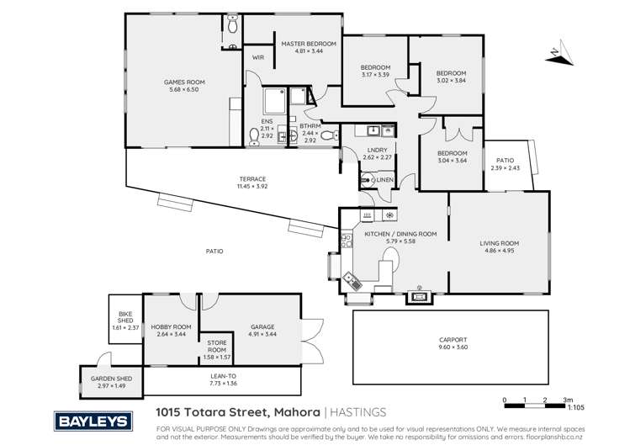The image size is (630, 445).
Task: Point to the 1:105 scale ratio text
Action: pyautogui.click(x=575, y=406)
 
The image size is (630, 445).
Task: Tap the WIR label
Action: pyautogui.click(x=258, y=57)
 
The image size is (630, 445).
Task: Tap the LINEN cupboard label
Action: pyautogui.click(x=384, y=179)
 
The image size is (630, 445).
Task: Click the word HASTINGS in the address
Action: pyautogui.click(x=358, y=412)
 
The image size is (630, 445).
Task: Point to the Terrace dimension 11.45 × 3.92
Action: pyautogui.click(x=251, y=187)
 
